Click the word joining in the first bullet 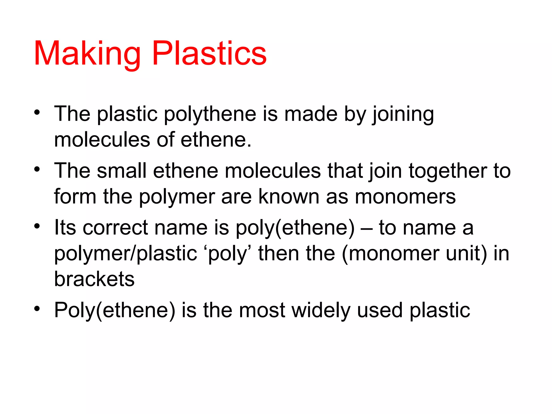pyautogui.click(x=403, y=115)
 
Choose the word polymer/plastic pyautogui.click(x=126, y=254)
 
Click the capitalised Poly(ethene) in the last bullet pyautogui.click(x=115, y=311)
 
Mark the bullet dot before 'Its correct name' pyautogui.click(x=37, y=226)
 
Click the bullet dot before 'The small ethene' pyautogui.click(x=37, y=169)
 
